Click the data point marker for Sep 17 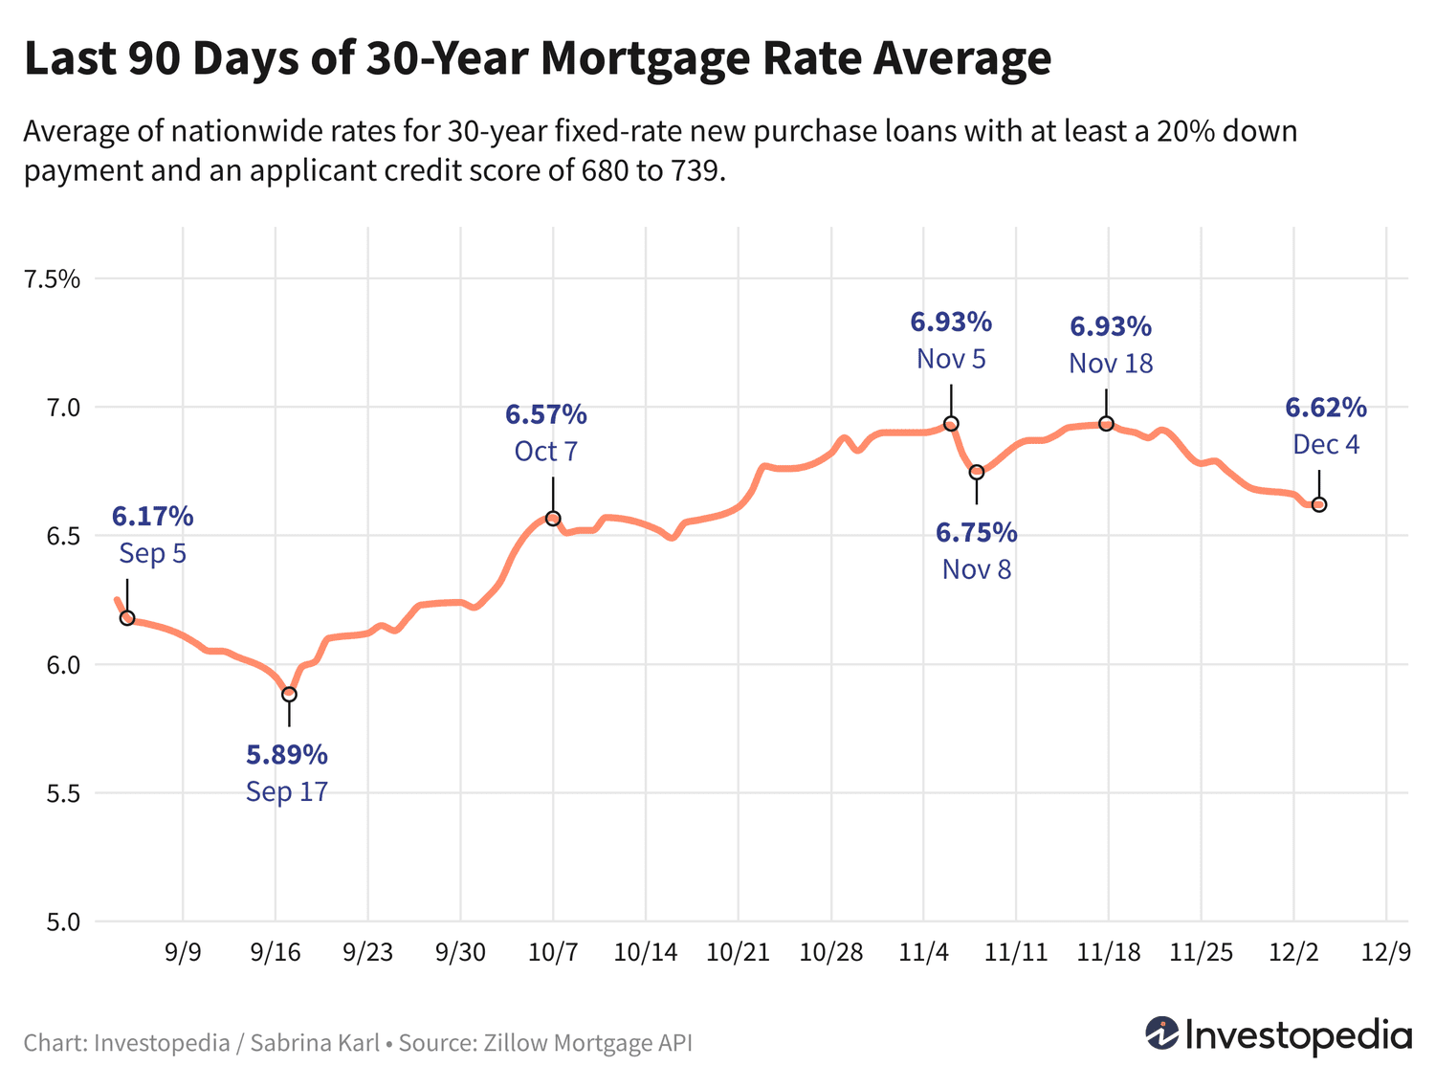click(289, 694)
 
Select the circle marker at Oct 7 click(553, 519)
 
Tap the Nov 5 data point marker click(951, 424)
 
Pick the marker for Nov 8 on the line click(977, 472)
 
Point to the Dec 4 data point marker click(1319, 504)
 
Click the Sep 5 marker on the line click(127, 618)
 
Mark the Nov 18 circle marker click(1107, 424)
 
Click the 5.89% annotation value click(287, 755)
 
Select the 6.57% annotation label click(546, 414)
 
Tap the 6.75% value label click(976, 532)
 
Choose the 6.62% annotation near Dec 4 click(1326, 408)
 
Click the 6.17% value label click(153, 517)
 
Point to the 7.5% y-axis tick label click(53, 279)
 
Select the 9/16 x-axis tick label click(276, 952)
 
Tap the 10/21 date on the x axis click(739, 952)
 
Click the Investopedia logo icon click(1162, 1034)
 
